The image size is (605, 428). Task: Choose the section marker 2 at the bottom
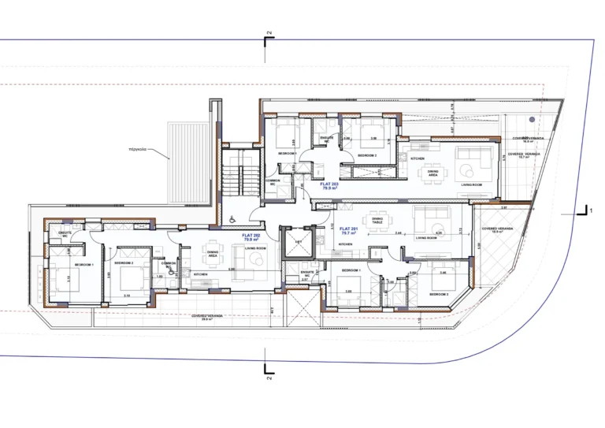point(269,370)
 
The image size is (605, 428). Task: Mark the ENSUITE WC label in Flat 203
point(324,139)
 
